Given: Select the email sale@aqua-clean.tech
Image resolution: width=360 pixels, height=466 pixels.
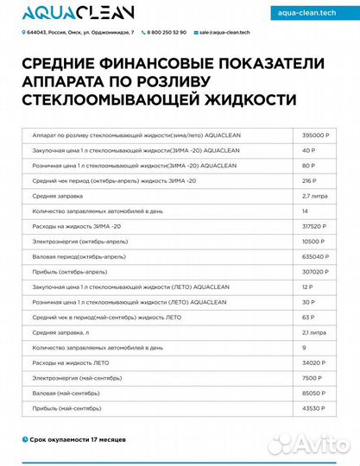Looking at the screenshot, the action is click(x=224, y=32).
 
